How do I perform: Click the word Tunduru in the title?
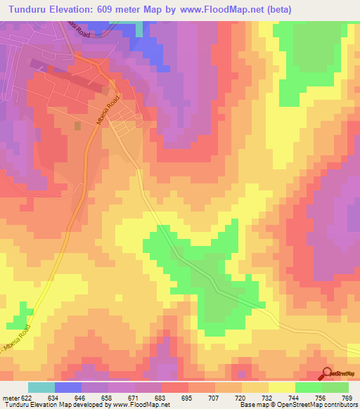click(x=29, y=9)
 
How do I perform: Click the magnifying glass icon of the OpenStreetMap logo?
click(x=327, y=374)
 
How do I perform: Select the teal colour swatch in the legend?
click(x=41, y=387)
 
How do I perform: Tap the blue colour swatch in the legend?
click(x=68, y=387)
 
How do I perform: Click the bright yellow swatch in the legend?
click(x=281, y=387)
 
